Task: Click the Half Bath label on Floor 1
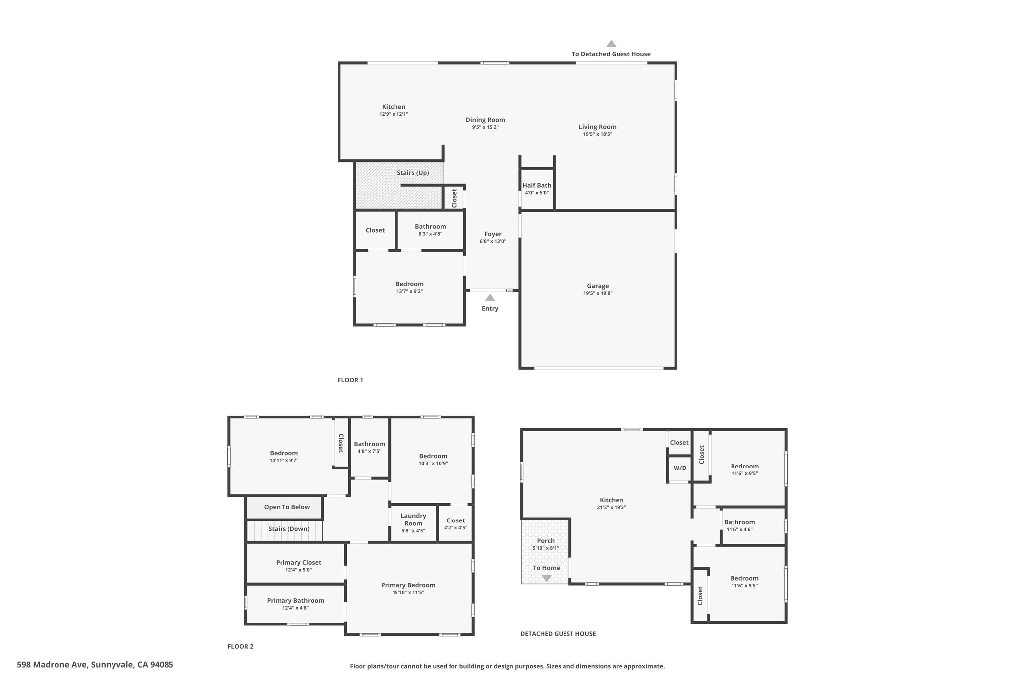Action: (x=537, y=185)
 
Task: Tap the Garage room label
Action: (x=598, y=286)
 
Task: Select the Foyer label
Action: (x=493, y=234)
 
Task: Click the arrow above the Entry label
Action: (x=490, y=297)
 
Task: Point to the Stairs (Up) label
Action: (x=413, y=173)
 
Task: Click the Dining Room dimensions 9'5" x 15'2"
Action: (x=485, y=127)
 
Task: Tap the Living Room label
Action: (x=598, y=127)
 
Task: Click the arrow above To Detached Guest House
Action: (x=611, y=43)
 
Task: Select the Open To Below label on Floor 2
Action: (x=287, y=507)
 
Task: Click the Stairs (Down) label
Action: (x=289, y=529)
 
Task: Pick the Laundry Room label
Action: (x=413, y=520)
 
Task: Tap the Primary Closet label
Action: (x=298, y=562)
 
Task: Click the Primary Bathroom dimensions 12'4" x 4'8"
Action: (x=295, y=608)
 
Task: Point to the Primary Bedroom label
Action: (x=408, y=585)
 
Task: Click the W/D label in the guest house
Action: (x=680, y=468)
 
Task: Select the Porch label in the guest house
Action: (x=546, y=541)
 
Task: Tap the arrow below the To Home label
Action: (x=546, y=578)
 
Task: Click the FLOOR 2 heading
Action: (x=240, y=646)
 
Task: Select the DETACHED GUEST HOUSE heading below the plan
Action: (x=558, y=634)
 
